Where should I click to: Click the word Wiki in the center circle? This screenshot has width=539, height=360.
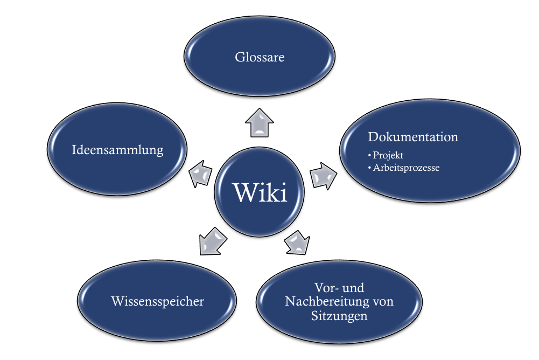[260, 193]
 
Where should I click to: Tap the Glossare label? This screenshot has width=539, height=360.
[260, 57]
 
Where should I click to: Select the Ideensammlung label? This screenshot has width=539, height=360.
[117, 150]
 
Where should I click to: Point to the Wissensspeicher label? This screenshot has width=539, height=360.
[157, 301]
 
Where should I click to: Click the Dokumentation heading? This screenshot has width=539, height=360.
[413, 137]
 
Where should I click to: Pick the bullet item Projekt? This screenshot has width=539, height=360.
[388, 155]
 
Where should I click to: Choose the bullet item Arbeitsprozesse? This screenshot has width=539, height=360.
[407, 168]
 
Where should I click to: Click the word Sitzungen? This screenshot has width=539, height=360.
[339, 316]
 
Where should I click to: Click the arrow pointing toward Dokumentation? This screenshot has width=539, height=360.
[324, 175]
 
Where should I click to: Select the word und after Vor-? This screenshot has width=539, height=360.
[353, 287]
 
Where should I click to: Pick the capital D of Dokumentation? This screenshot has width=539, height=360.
[373, 137]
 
